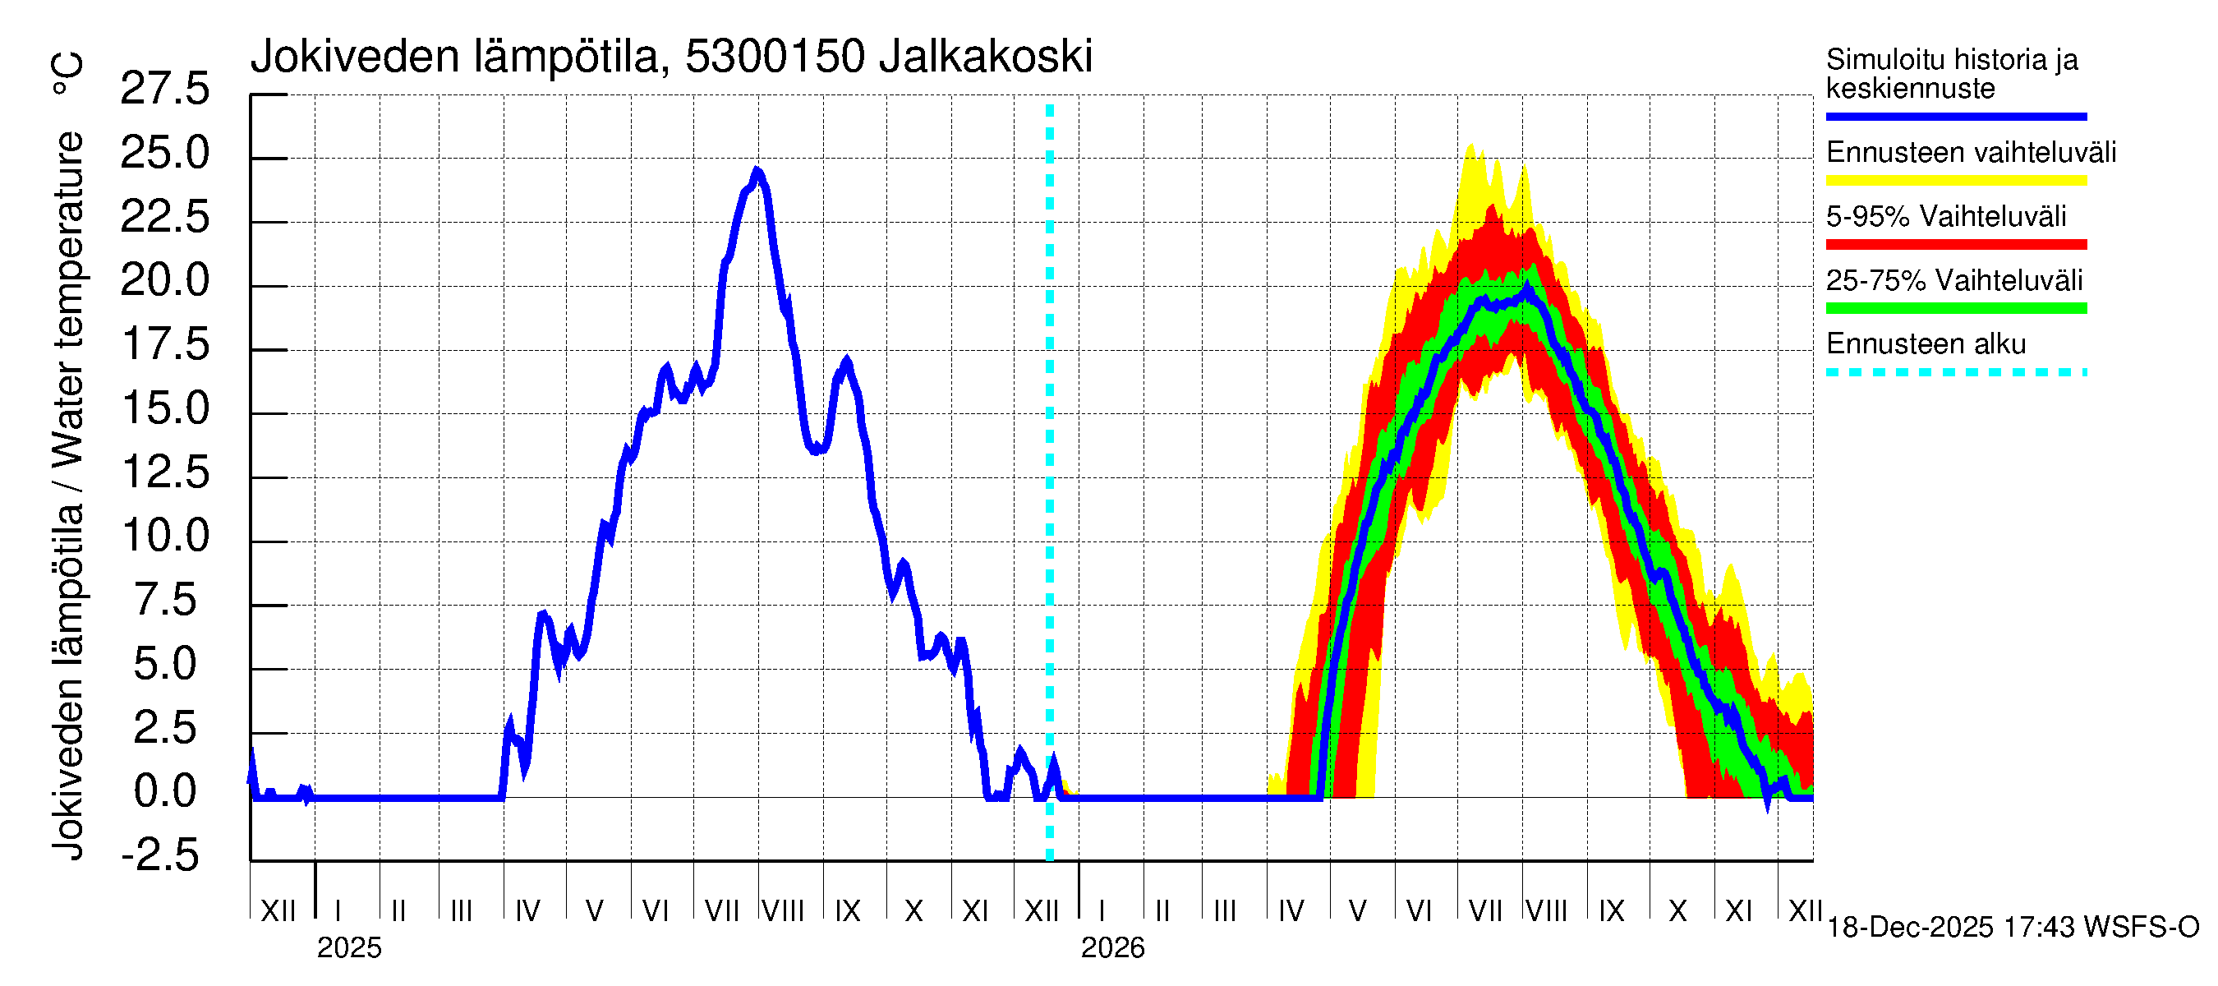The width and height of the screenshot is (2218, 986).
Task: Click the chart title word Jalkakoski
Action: (x=985, y=57)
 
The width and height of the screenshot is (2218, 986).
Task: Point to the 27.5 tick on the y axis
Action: (x=164, y=89)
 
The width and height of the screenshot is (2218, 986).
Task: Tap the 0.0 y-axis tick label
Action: (x=164, y=791)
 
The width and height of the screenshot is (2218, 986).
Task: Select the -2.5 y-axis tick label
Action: (x=160, y=855)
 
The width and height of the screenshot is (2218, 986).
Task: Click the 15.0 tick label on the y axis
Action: (x=164, y=408)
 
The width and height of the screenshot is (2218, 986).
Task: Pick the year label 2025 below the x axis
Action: (x=348, y=948)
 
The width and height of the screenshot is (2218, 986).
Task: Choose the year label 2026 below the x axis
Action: (x=1112, y=948)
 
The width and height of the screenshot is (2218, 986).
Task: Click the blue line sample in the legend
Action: (x=1955, y=116)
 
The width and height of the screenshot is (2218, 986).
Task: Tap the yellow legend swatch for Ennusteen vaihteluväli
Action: (x=1955, y=181)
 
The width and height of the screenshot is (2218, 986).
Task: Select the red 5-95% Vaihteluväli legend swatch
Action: (x=1955, y=245)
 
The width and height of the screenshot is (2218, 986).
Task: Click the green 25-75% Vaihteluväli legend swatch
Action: (x=1955, y=308)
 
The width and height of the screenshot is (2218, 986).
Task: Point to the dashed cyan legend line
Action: (x=1955, y=373)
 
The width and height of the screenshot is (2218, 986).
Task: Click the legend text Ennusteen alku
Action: (x=1926, y=344)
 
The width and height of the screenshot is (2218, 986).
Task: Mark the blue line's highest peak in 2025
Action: (x=757, y=172)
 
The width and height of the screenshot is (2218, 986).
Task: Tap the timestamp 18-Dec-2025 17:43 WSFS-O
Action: (x=2012, y=928)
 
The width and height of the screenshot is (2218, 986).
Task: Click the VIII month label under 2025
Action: (x=783, y=911)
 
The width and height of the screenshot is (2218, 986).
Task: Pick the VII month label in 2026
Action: (x=1484, y=911)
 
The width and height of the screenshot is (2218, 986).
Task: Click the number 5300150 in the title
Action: (x=774, y=57)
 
